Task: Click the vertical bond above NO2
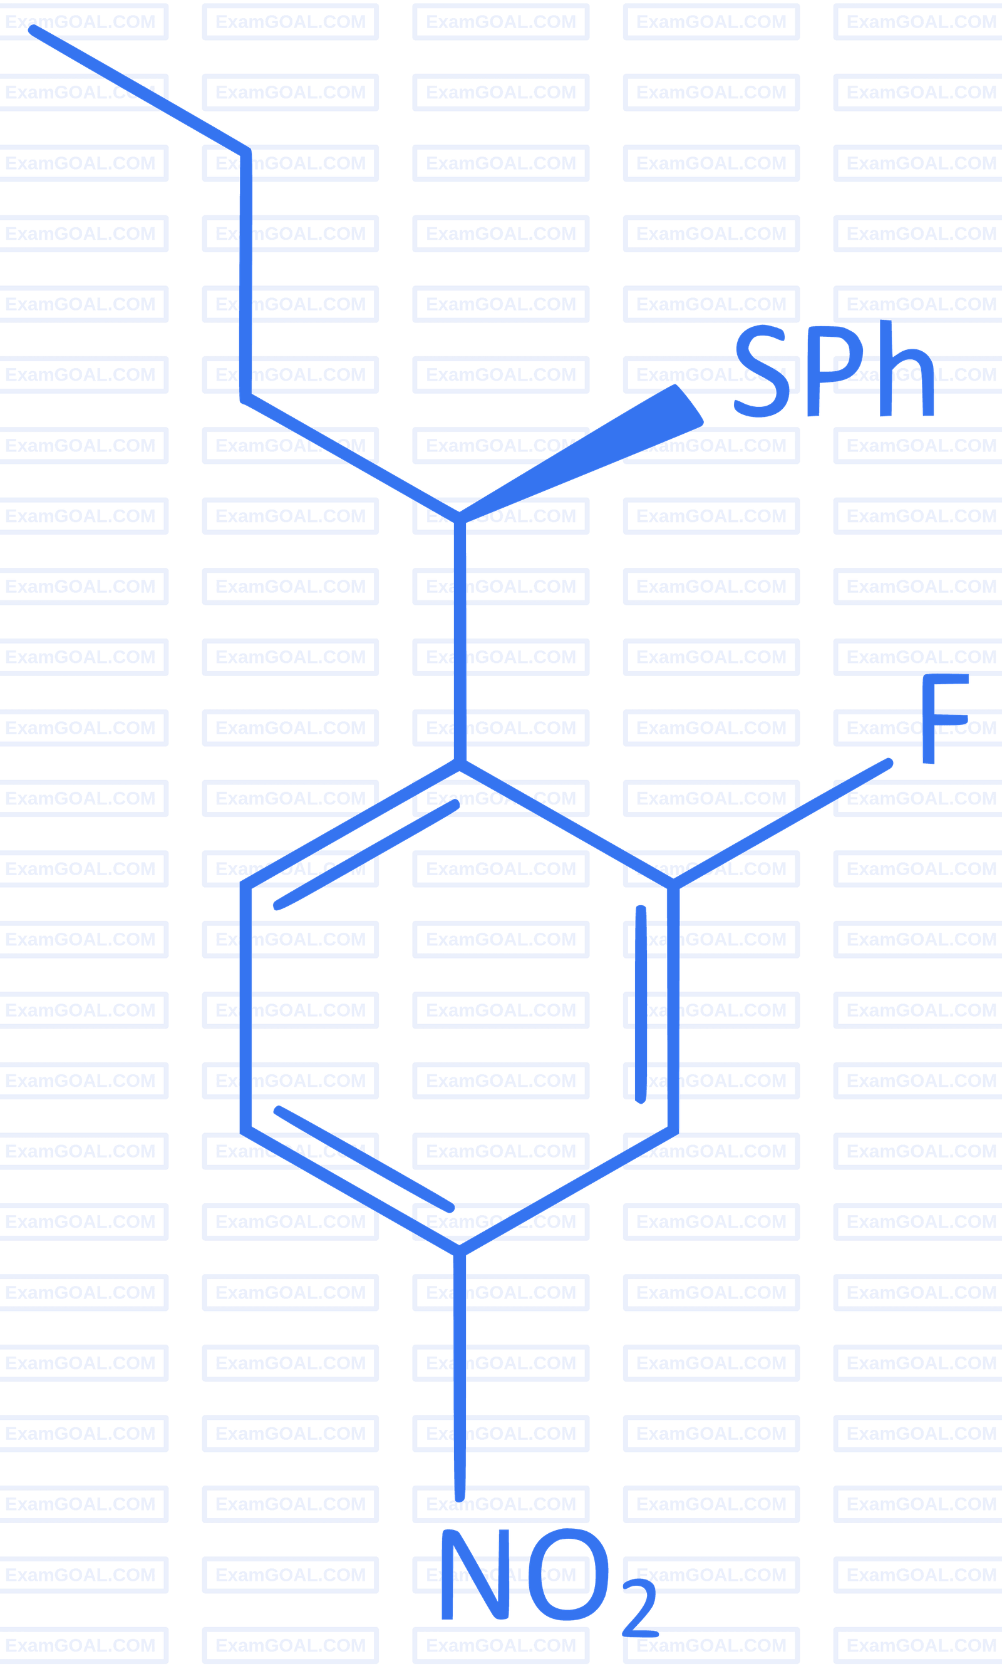coord(460,1377)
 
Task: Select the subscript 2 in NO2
coord(639,1608)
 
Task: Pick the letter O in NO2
coord(567,1574)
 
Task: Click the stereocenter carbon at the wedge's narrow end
coord(460,518)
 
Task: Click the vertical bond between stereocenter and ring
coord(460,641)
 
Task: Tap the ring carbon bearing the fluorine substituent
coord(673,886)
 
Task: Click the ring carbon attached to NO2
coord(460,1253)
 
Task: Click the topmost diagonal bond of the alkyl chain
coord(140,90)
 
